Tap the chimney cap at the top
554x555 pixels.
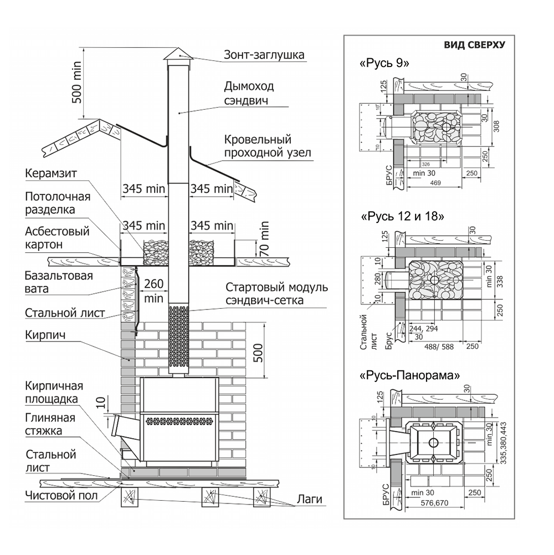[178, 54]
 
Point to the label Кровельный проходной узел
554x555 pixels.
[265, 146]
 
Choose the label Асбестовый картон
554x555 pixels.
[57, 237]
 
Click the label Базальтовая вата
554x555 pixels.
[59, 282]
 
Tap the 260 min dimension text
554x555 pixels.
[153, 291]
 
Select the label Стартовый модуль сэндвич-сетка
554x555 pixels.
[275, 295]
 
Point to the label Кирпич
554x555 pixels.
[45, 335]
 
